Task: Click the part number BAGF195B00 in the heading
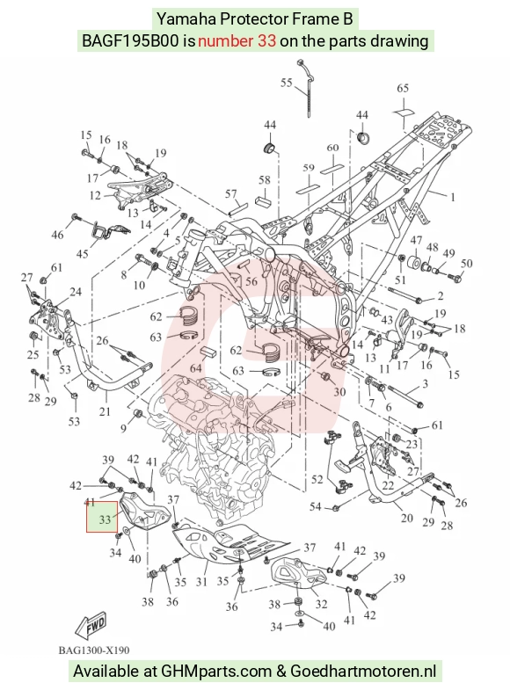(130, 41)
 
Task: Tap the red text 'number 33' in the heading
(237, 41)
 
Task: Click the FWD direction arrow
(91, 624)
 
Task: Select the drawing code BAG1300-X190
(94, 650)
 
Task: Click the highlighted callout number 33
(105, 519)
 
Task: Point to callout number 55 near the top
(287, 83)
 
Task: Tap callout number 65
(403, 88)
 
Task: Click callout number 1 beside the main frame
(452, 197)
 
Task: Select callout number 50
(466, 263)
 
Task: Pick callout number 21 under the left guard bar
(105, 411)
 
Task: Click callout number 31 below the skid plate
(201, 582)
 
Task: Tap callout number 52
(317, 479)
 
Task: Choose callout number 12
(95, 195)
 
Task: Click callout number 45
(83, 254)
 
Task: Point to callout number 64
(196, 368)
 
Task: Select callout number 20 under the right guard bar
(406, 518)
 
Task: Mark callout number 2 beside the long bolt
(440, 296)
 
